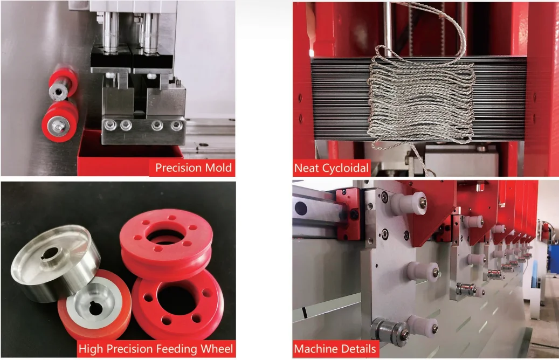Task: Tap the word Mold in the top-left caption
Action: pos(219,168)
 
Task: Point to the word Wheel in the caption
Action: pos(217,349)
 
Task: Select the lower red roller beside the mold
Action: pos(59,122)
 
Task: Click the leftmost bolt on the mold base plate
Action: pos(111,125)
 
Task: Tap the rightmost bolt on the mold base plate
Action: pos(176,126)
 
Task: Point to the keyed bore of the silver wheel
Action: pos(50,253)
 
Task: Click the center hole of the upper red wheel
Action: pos(166,236)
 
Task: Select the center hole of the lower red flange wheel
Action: pos(177,300)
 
